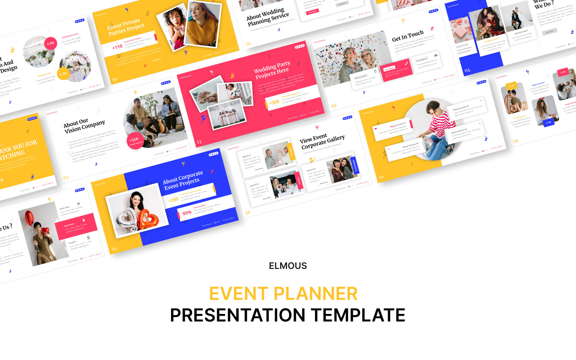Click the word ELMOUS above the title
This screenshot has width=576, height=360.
[288, 266]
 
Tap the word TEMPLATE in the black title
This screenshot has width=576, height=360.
[358, 315]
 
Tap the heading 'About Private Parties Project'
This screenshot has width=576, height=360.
[125, 27]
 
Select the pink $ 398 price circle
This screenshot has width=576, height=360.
[51, 44]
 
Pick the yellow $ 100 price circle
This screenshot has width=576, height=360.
[63, 74]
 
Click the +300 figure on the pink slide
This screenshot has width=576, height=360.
[274, 102]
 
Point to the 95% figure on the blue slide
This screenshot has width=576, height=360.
[187, 213]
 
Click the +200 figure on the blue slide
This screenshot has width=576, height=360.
[174, 199]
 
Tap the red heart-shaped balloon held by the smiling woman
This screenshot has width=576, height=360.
[147, 219]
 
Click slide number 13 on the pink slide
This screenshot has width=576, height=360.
[199, 142]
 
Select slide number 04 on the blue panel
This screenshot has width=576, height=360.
[467, 70]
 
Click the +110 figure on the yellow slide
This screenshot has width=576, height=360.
[117, 47]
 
